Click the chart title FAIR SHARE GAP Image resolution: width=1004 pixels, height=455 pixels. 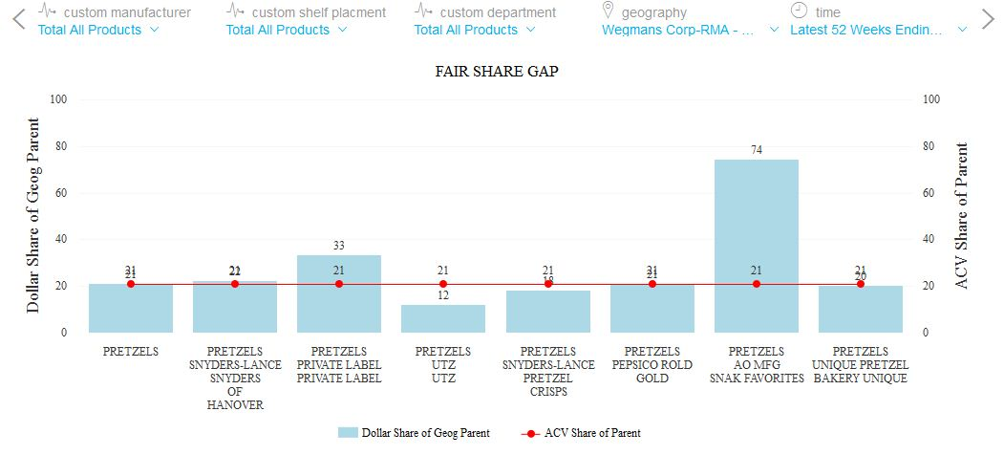coord(497,72)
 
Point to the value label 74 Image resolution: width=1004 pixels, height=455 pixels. coord(756,150)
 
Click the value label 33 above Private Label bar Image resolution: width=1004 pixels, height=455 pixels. coord(339,246)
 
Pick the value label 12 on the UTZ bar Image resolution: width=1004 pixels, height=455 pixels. coord(443,295)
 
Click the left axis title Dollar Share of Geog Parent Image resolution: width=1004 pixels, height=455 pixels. coord(33,216)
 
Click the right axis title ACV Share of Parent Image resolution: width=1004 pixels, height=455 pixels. coord(962,216)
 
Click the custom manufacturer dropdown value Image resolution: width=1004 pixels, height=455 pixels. coord(97,30)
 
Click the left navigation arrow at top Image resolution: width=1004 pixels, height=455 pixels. coord(17,19)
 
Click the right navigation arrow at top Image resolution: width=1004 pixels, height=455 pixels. coord(988,19)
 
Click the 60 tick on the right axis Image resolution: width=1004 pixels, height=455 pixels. coord(931,193)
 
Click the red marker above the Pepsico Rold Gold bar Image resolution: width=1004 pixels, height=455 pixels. coord(652,284)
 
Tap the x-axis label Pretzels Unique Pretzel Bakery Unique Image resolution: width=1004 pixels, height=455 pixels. coord(860,365)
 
